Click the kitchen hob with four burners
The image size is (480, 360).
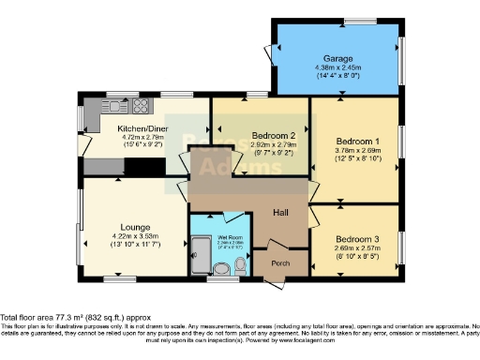click(142, 105)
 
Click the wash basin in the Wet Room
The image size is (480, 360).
click(221, 271)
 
